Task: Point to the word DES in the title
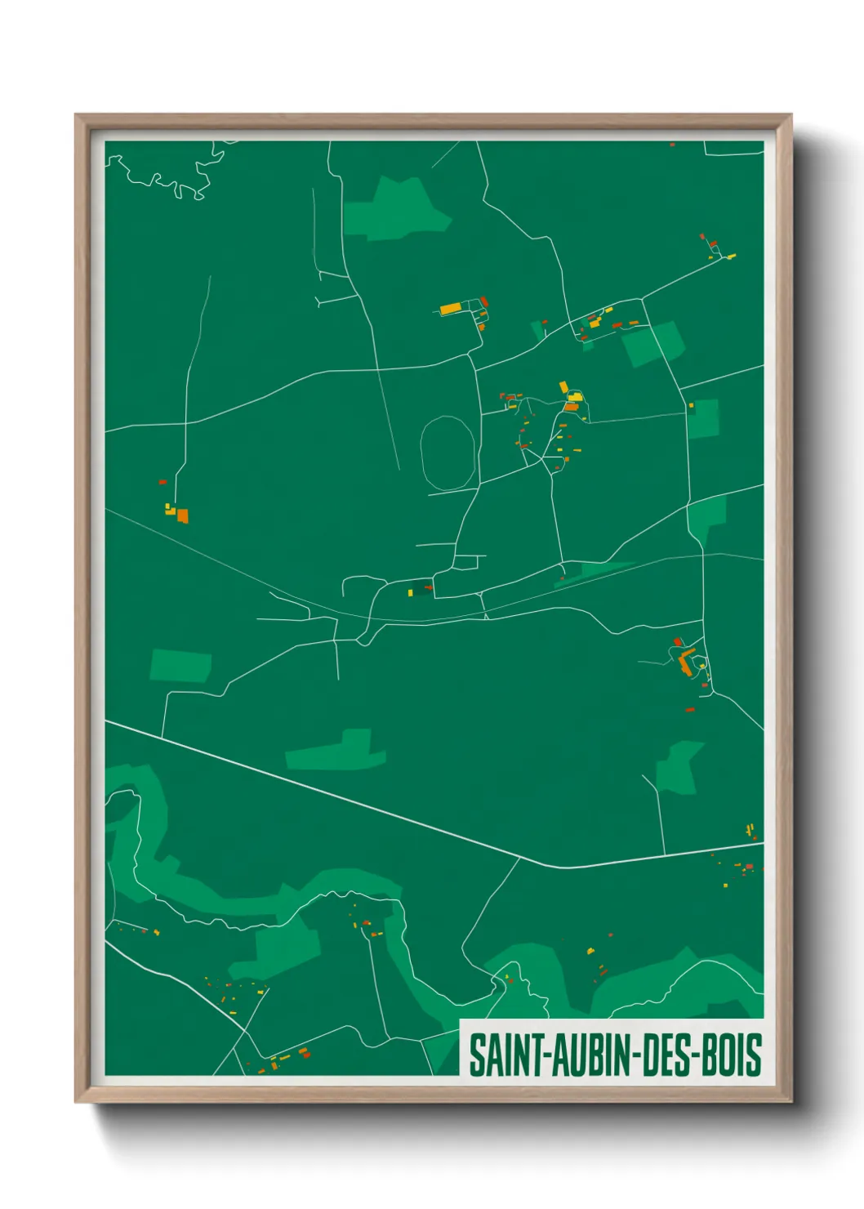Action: (x=668, y=1055)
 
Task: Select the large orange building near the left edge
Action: (x=183, y=515)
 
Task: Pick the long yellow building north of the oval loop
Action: (x=450, y=309)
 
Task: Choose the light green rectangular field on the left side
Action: (x=180, y=666)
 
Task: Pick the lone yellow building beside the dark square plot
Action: (x=410, y=592)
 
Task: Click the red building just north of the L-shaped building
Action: (x=677, y=641)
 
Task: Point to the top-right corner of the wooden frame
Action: (x=790, y=116)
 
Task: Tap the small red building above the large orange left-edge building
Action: (x=163, y=482)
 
